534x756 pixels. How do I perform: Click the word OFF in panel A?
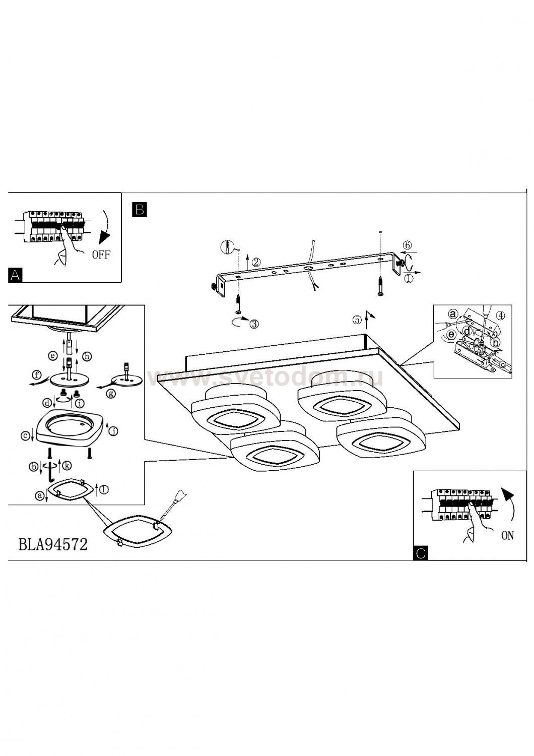(x=101, y=254)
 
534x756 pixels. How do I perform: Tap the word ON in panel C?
(x=507, y=535)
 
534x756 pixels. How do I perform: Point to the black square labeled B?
(x=139, y=209)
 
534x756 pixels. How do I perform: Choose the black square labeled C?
(x=421, y=553)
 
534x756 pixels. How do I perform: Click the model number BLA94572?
(x=53, y=544)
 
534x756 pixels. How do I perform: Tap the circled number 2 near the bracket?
(x=256, y=262)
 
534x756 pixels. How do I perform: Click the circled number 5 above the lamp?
(x=357, y=319)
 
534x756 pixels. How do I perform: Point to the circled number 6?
(x=408, y=245)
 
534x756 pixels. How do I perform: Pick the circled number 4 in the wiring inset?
(x=500, y=316)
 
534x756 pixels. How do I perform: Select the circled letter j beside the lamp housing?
(x=115, y=430)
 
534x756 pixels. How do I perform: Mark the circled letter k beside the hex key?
(x=67, y=467)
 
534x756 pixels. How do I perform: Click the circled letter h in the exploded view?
(x=87, y=356)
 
